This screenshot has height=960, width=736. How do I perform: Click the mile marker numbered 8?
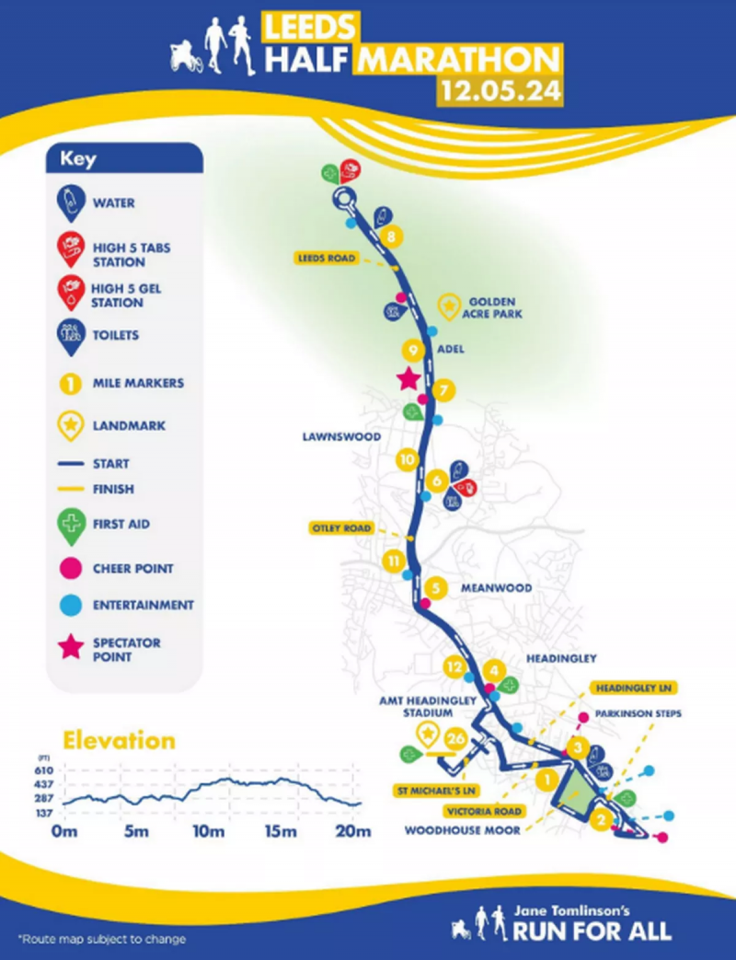pos(392,237)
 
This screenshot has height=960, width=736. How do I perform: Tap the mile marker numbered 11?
pos(394,561)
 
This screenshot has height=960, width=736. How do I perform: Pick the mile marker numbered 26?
pos(454,737)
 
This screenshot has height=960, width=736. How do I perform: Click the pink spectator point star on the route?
pos(408,378)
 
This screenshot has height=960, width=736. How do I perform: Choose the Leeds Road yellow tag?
pos(325,260)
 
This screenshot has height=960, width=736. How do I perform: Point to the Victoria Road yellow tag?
pos(484,812)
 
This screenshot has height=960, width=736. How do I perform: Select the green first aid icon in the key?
pos(69,523)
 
